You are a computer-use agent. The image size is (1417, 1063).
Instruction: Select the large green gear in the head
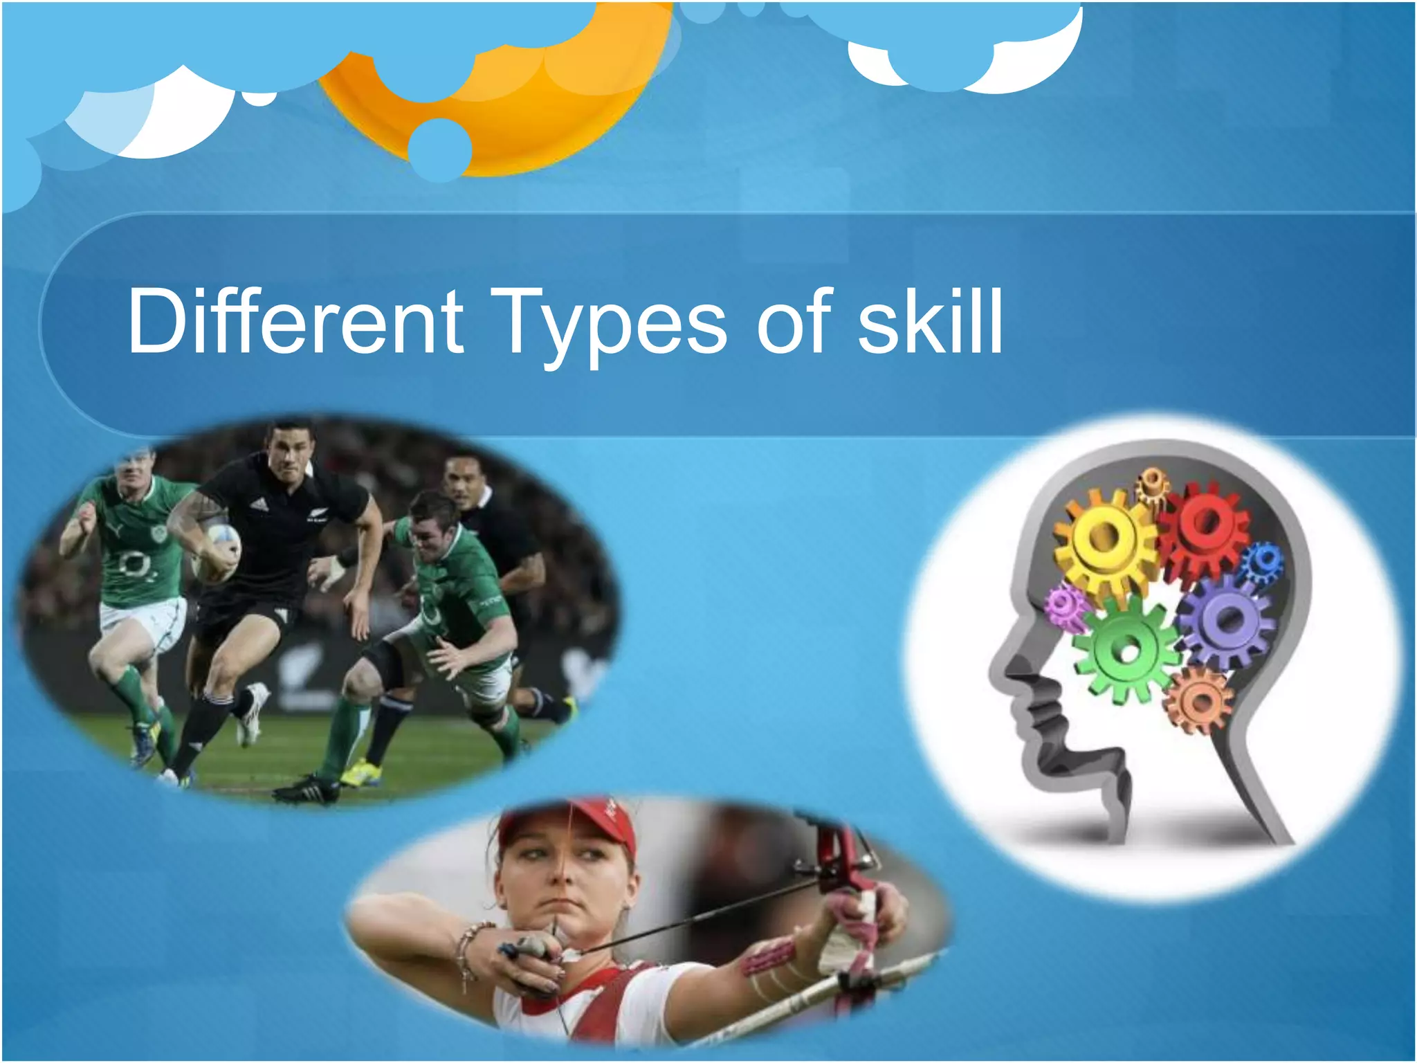1126,649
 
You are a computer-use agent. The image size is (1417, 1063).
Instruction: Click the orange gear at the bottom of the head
1199,701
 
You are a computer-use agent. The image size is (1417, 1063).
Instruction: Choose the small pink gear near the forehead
1066,606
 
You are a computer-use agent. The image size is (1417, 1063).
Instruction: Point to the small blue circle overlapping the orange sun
439,149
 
